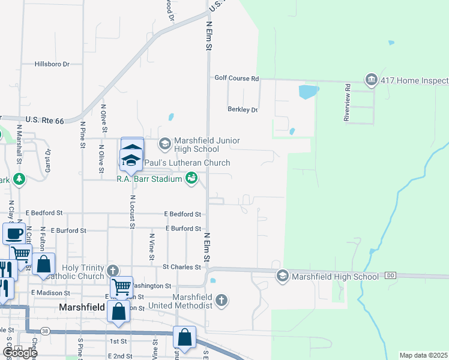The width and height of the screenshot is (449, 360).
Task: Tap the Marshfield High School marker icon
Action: click(x=282, y=276)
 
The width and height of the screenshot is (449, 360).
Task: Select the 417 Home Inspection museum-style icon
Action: click(x=371, y=80)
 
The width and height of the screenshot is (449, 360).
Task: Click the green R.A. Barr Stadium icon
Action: click(x=191, y=178)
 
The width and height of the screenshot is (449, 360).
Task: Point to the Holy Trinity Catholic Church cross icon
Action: click(x=113, y=271)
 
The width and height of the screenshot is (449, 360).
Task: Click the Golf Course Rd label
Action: click(x=237, y=78)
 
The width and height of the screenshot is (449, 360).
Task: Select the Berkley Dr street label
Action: click(x=243, y=110)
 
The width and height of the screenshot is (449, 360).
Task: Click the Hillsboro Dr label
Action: click(x=52, y=64)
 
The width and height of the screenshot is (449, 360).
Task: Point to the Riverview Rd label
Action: click(x=347, y=103)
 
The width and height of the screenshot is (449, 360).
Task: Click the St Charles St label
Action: click(x=181, y=267)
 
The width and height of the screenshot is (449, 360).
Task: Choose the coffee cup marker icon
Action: click(x=13, y=233)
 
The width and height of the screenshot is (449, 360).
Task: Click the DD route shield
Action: click(x=390, y=275)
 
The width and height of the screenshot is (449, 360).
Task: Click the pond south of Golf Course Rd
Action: click(x=308, y=92)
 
